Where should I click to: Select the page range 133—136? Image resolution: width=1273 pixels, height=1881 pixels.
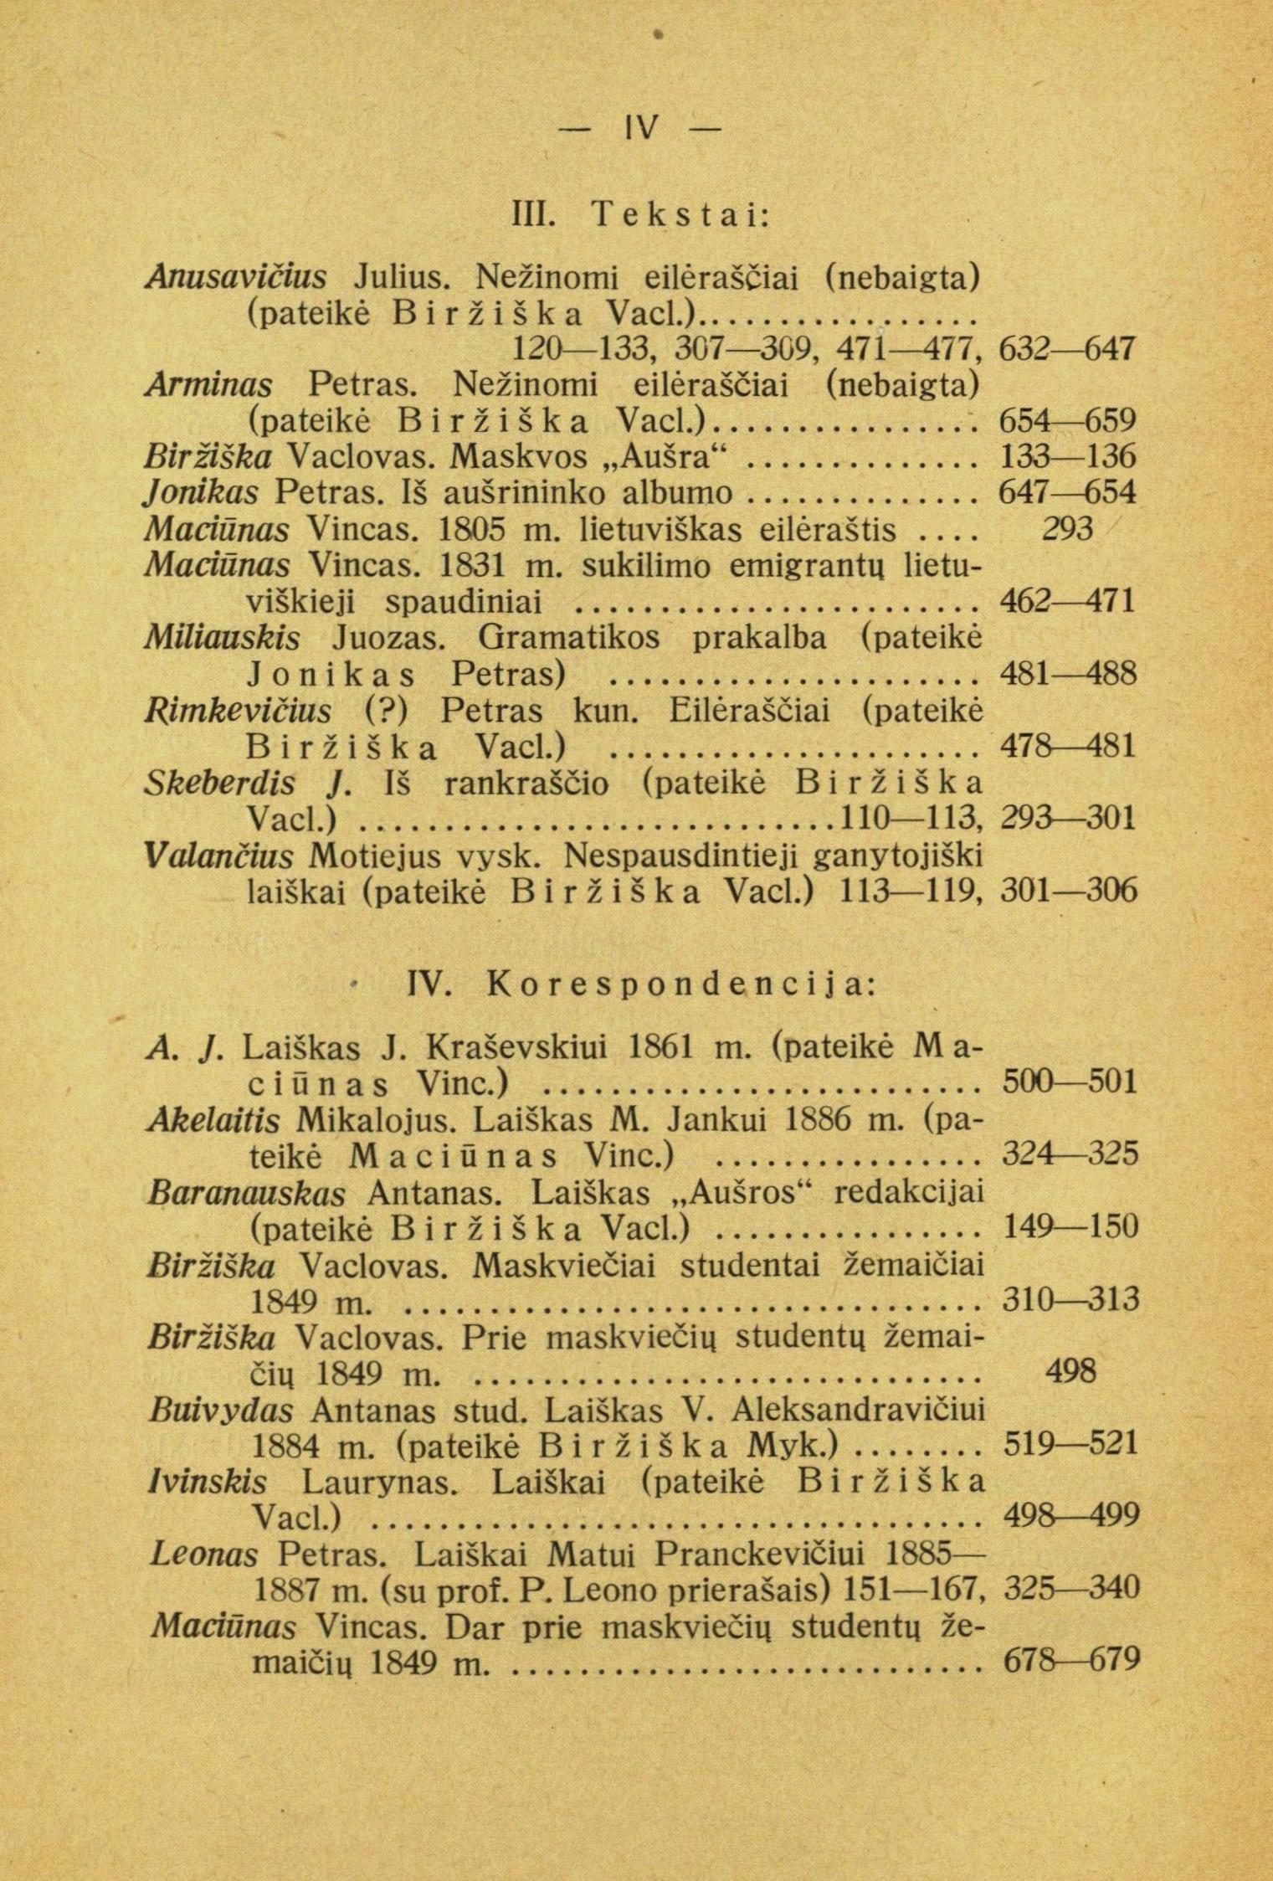[x=1068, y=456]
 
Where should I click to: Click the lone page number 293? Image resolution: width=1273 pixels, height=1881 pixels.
[x=1068, y=529]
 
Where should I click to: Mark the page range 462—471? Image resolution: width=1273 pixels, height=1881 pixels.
[x=1068, y=601]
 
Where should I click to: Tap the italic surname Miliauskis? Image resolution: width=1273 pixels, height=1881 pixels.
[x=223, y=638]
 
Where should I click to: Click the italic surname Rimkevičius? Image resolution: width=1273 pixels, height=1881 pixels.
[x=239, y=711]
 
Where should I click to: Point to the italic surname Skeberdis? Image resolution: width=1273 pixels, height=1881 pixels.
[x=219, y=783]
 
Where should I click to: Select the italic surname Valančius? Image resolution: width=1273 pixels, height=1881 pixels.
[x=219, y=856]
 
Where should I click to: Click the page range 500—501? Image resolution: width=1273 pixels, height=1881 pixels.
[x=1070, y=1082]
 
